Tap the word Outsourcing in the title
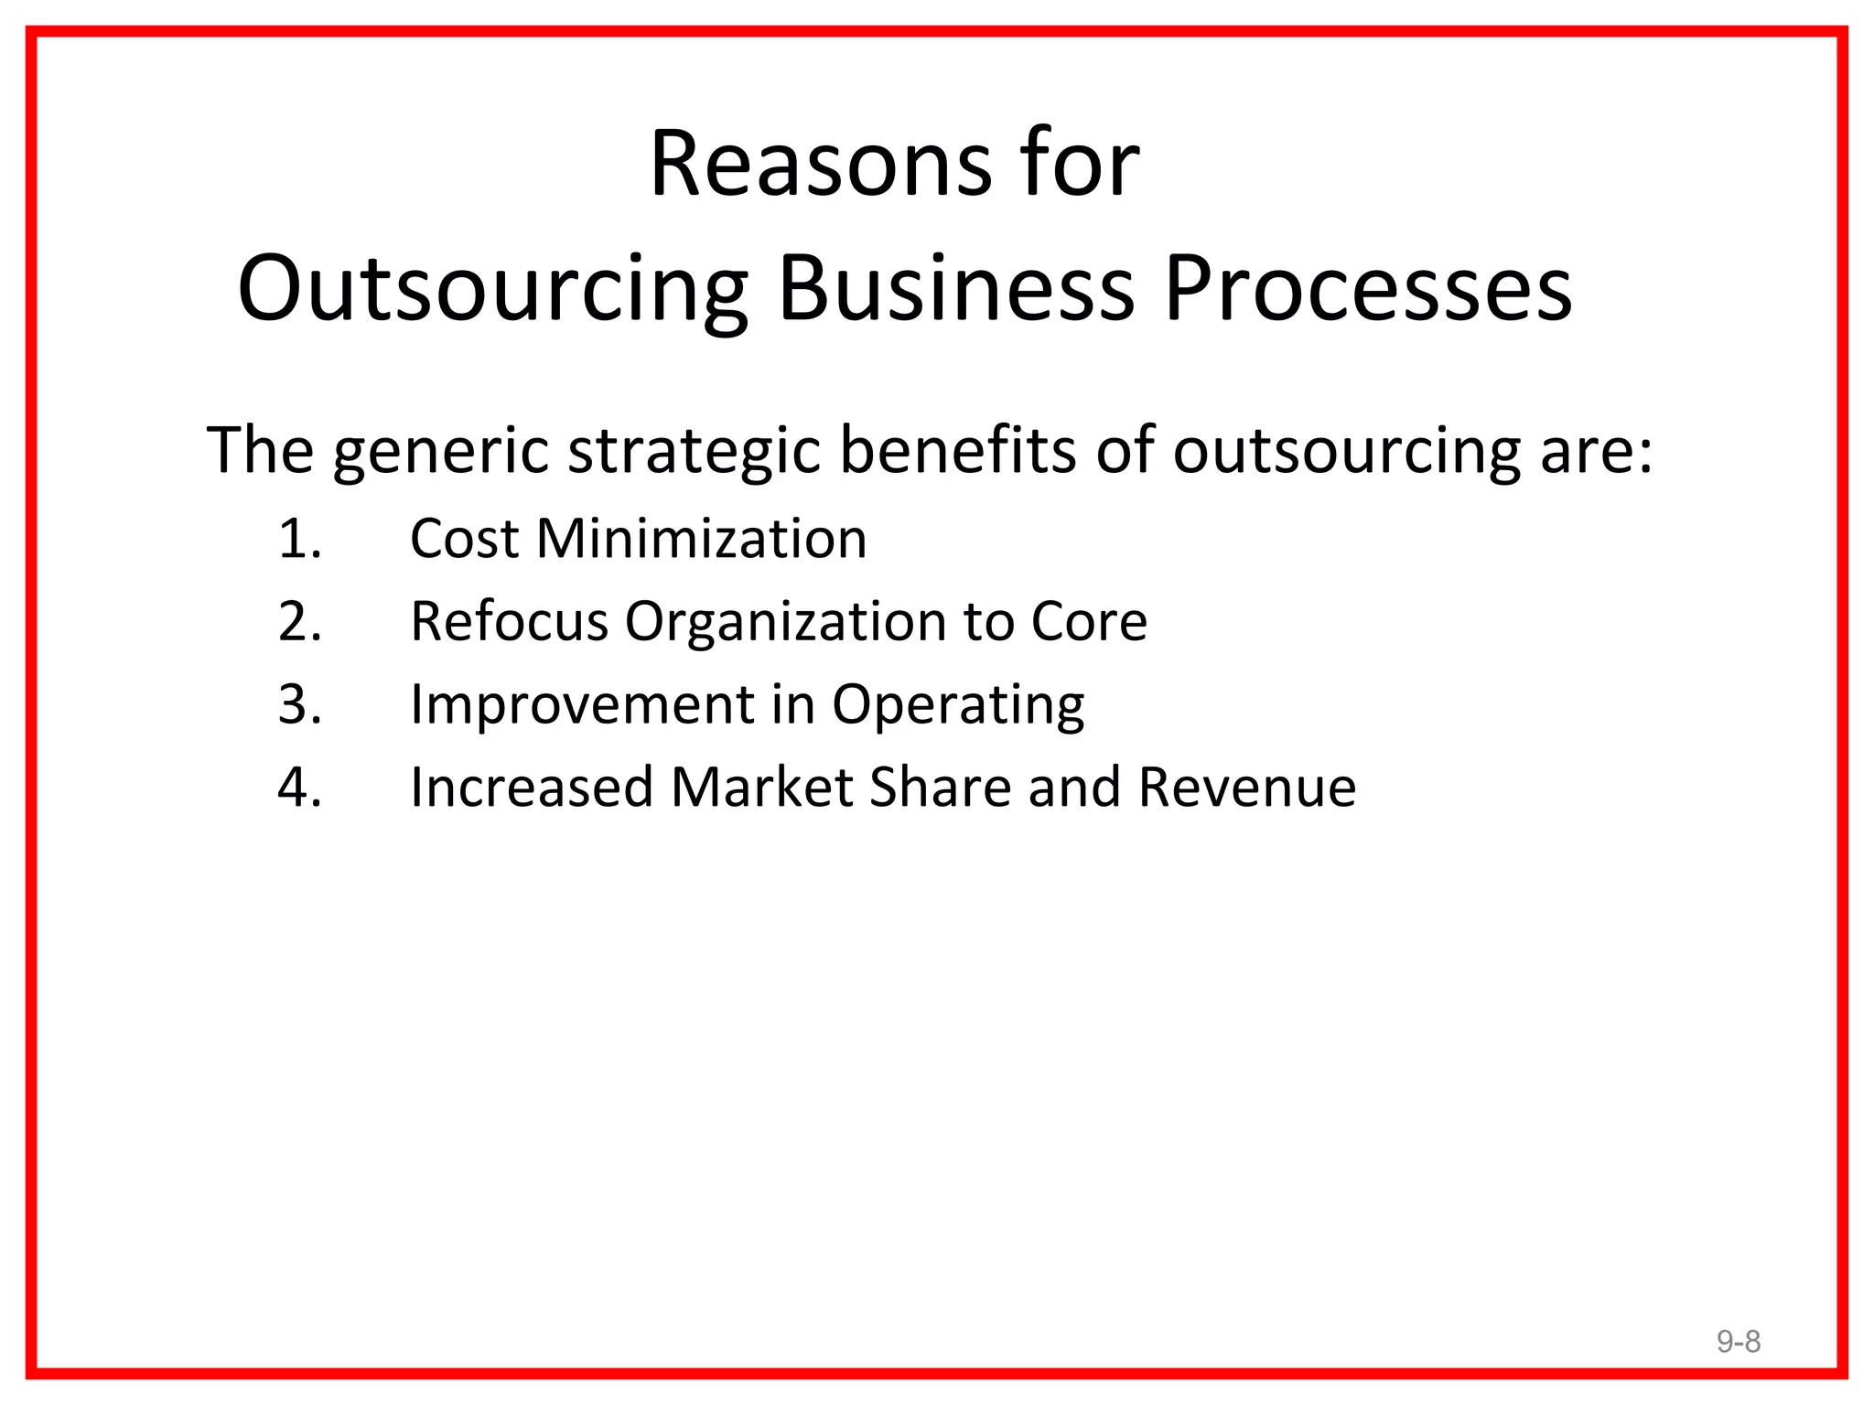point(492,289)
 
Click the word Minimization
point(701,538)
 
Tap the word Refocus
point(509,621)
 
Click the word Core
point(1088,621)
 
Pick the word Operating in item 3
point(957,706)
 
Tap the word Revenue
point(1246,787)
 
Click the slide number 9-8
point(1738,1342)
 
